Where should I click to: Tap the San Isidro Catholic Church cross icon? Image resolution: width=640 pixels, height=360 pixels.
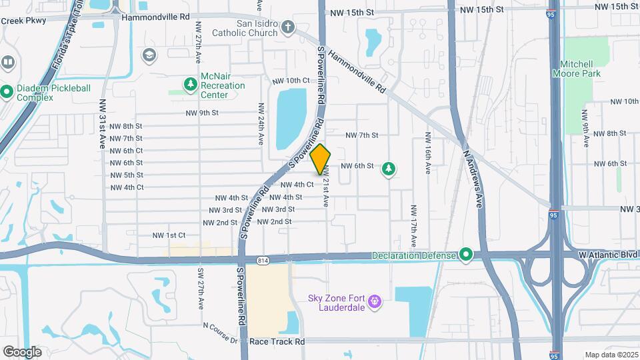(288, 27)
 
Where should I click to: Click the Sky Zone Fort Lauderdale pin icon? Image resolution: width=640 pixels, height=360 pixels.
(375, 302)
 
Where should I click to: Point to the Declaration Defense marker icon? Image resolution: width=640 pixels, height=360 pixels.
(466, 255)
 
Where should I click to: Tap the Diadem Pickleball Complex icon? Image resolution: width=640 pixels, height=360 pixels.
(7, 91)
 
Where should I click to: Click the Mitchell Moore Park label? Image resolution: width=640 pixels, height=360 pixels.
(577, 69)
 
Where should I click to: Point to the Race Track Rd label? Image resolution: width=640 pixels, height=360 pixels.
(277, 341)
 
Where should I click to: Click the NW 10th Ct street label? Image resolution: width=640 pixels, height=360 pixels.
(290, 81)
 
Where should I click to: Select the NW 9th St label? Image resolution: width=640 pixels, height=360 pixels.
(203, 113)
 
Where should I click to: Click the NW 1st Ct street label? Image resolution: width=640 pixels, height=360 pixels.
(168, 235)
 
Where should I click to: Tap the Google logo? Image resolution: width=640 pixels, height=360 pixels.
(22, 351)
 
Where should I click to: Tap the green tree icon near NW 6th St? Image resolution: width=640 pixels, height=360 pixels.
(388, 169)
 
